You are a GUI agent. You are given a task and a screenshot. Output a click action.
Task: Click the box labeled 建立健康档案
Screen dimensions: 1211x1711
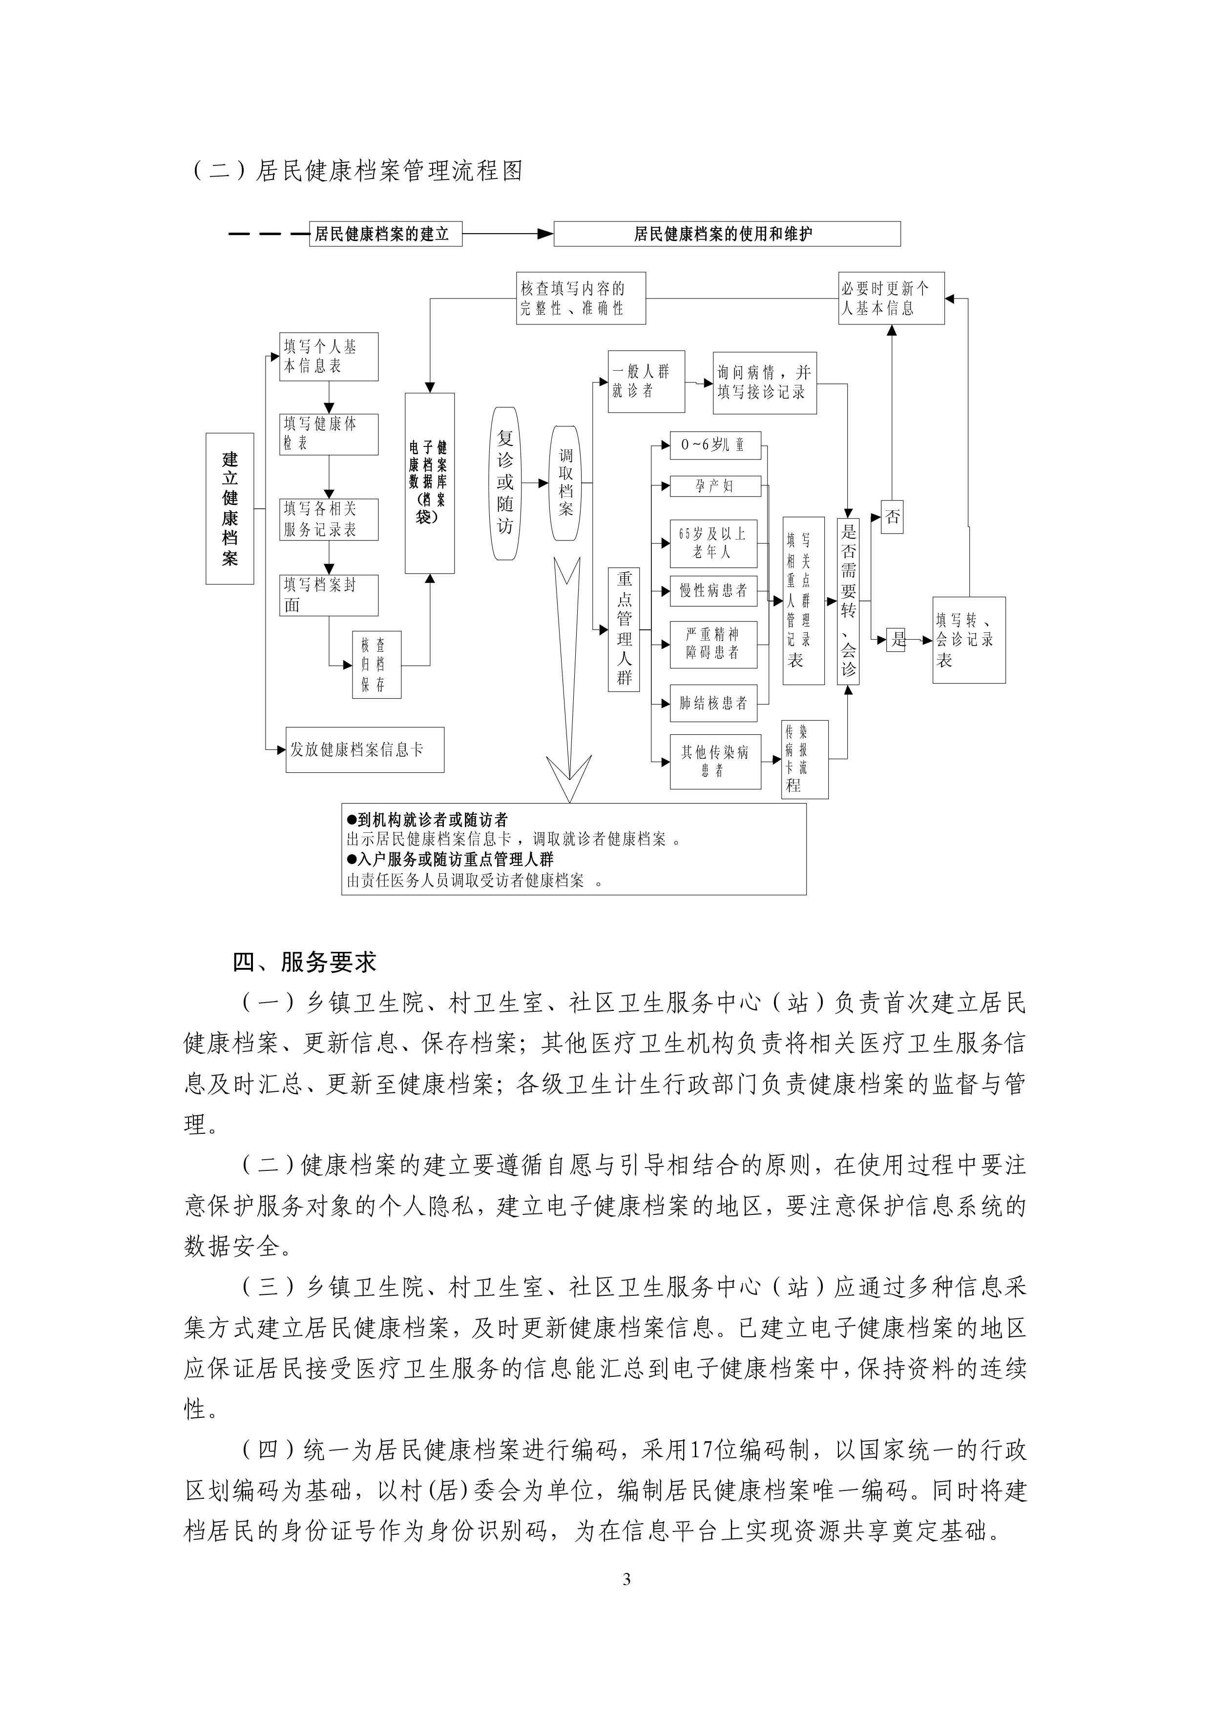coord(230,508)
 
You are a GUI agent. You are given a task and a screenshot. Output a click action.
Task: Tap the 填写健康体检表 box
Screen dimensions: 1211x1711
coord(329,434)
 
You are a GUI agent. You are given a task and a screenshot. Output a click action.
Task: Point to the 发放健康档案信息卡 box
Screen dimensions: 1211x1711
coord(365,750)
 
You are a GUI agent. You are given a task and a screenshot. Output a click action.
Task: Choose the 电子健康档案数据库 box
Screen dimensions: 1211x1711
coord(430,483)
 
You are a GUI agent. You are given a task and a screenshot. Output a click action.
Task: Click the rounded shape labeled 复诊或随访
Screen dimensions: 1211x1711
coord(505,483)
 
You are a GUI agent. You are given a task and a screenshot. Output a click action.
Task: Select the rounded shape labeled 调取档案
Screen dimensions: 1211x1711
coord(566,483)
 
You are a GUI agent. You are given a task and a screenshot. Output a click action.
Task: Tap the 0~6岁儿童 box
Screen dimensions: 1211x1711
coord(715,445)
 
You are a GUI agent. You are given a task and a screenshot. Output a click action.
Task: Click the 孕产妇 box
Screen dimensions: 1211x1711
coord(715,486)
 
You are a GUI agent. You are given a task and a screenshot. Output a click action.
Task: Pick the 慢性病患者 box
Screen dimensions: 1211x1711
coord(713,590)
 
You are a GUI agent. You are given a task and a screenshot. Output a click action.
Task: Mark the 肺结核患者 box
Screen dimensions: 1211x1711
coord(713,703)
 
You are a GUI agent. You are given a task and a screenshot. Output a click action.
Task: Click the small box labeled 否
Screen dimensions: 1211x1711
coord(893,517)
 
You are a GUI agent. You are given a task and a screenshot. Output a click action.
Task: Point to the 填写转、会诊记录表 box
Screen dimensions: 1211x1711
coord(969,640)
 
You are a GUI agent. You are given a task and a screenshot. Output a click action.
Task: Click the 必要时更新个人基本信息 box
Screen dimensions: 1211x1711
coord(891,298)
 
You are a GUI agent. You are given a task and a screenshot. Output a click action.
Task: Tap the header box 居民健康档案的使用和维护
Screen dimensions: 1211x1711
coord(727,234)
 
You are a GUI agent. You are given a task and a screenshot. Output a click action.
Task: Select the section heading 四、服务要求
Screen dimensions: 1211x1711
coord(304,962)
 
